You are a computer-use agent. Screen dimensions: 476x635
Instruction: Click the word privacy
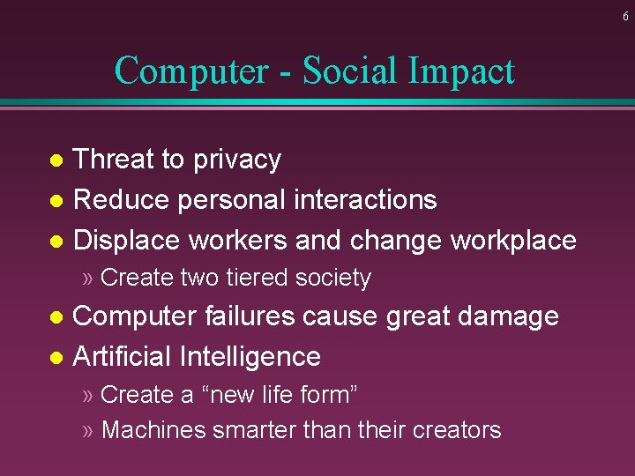237,160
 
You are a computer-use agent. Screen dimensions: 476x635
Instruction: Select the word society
333,279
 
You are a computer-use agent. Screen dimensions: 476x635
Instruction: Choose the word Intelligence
250,357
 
